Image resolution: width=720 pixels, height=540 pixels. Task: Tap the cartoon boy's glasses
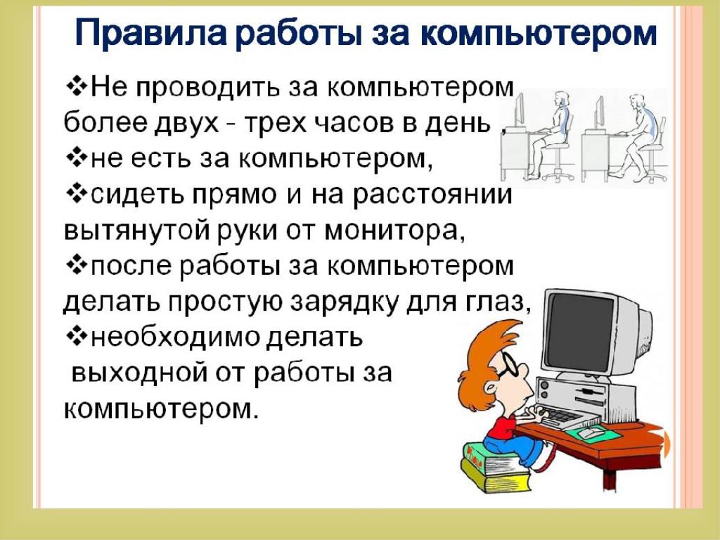point(510,365)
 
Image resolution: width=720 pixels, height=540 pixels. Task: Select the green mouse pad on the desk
point(592,434)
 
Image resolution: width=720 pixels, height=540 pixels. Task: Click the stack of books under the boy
point(496,466)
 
